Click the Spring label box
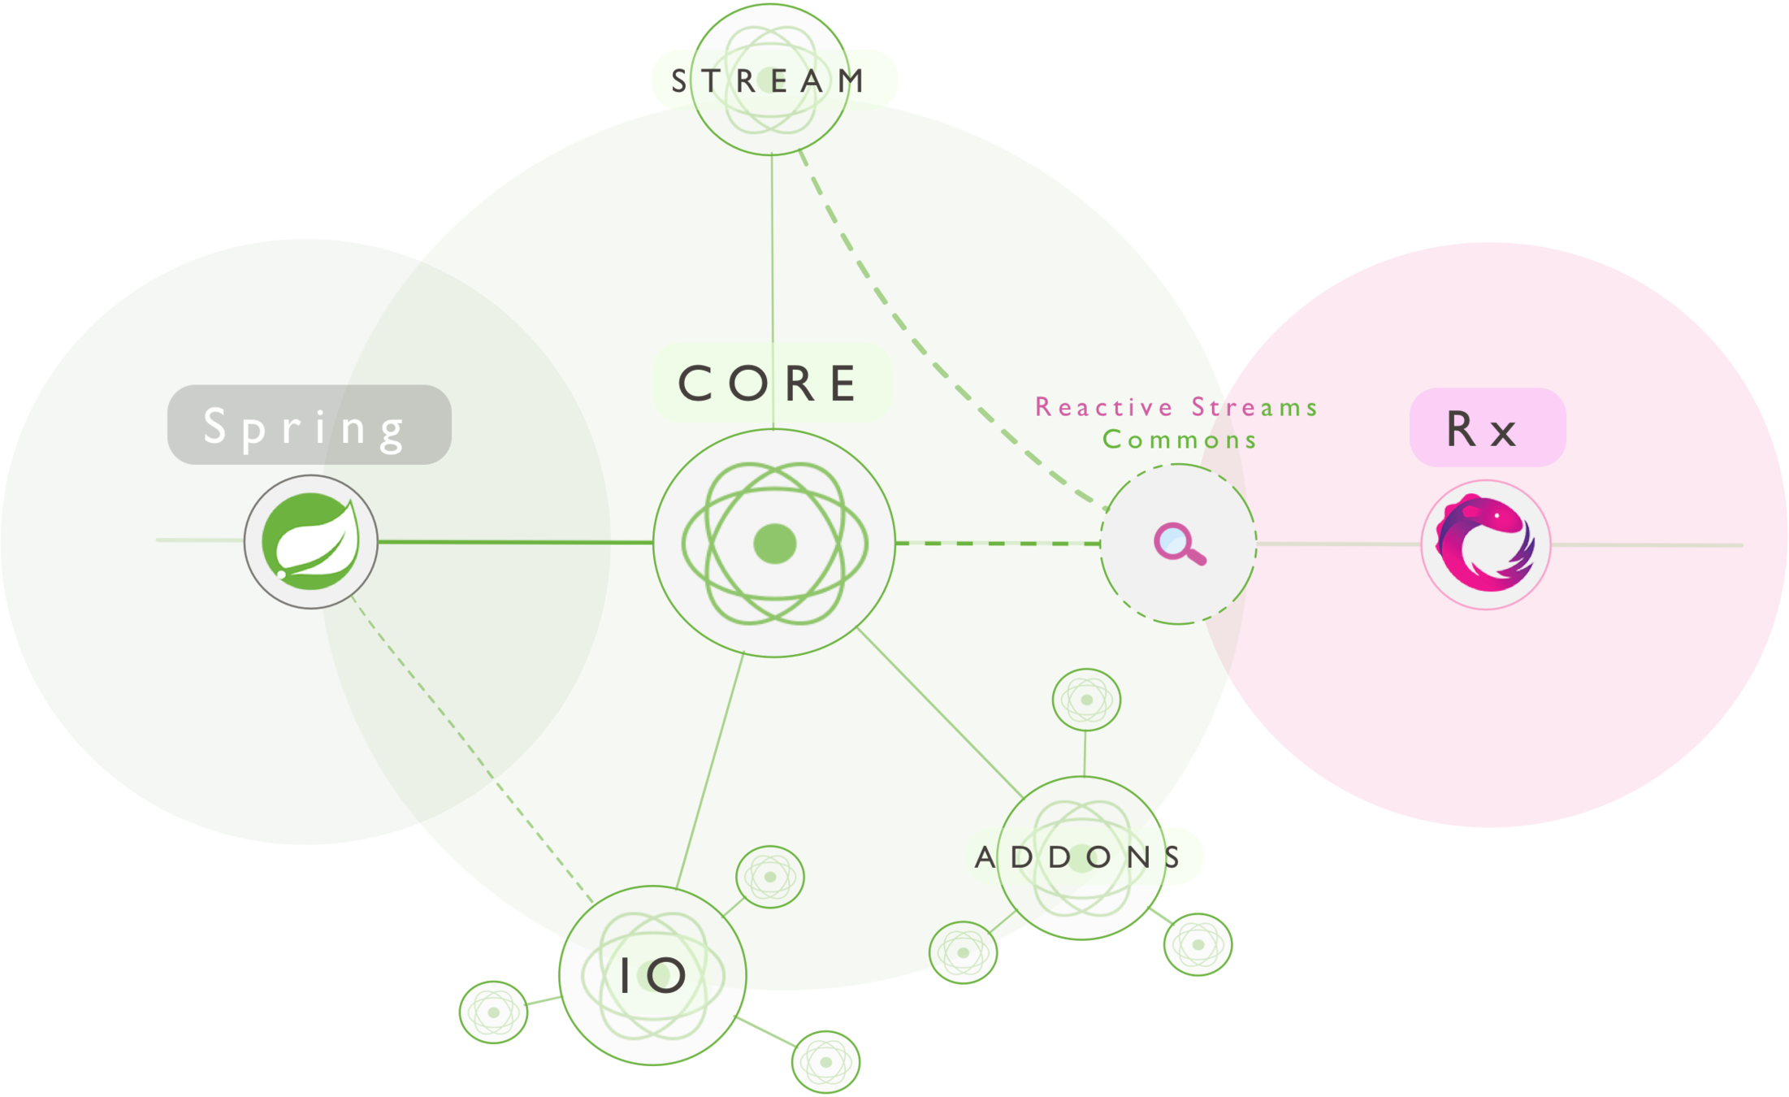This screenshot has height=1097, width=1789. click(309, 425)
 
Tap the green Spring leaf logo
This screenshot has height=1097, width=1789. click(310, 541)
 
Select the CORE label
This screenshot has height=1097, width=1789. click(772, 383)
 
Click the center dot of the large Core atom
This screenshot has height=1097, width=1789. click(774, 544)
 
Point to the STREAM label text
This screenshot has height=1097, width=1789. click(768, 80)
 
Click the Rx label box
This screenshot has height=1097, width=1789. click(1487, 427)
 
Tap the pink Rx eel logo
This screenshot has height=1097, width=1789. click(1485, 544)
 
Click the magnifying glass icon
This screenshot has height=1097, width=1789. click(1179, 544)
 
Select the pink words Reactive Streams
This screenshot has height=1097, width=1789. click(1176, 406)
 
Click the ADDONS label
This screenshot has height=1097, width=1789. click(1081, 856)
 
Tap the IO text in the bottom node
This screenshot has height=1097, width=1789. click(652, 975)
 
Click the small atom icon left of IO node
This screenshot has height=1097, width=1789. click(493, 1012)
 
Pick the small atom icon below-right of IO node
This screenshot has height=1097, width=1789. click(825, 1062)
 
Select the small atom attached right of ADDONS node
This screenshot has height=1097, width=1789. click(1198, 944)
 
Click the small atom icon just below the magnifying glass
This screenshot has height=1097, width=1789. click(1086, 700)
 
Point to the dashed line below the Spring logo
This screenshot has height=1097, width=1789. click(422, 687)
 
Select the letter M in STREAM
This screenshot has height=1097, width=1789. click(851, 80)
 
